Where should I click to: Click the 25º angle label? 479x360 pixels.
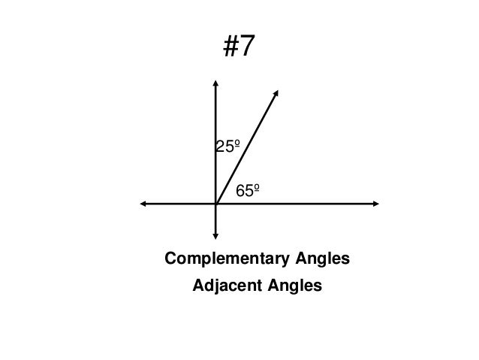(228, 147)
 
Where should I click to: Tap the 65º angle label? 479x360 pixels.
(249, 191)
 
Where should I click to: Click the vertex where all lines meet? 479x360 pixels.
(215, 203)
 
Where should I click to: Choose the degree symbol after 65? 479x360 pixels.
(258, 188)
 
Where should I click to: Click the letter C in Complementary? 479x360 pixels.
(170, 260)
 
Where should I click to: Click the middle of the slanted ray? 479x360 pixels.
(246, 147)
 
